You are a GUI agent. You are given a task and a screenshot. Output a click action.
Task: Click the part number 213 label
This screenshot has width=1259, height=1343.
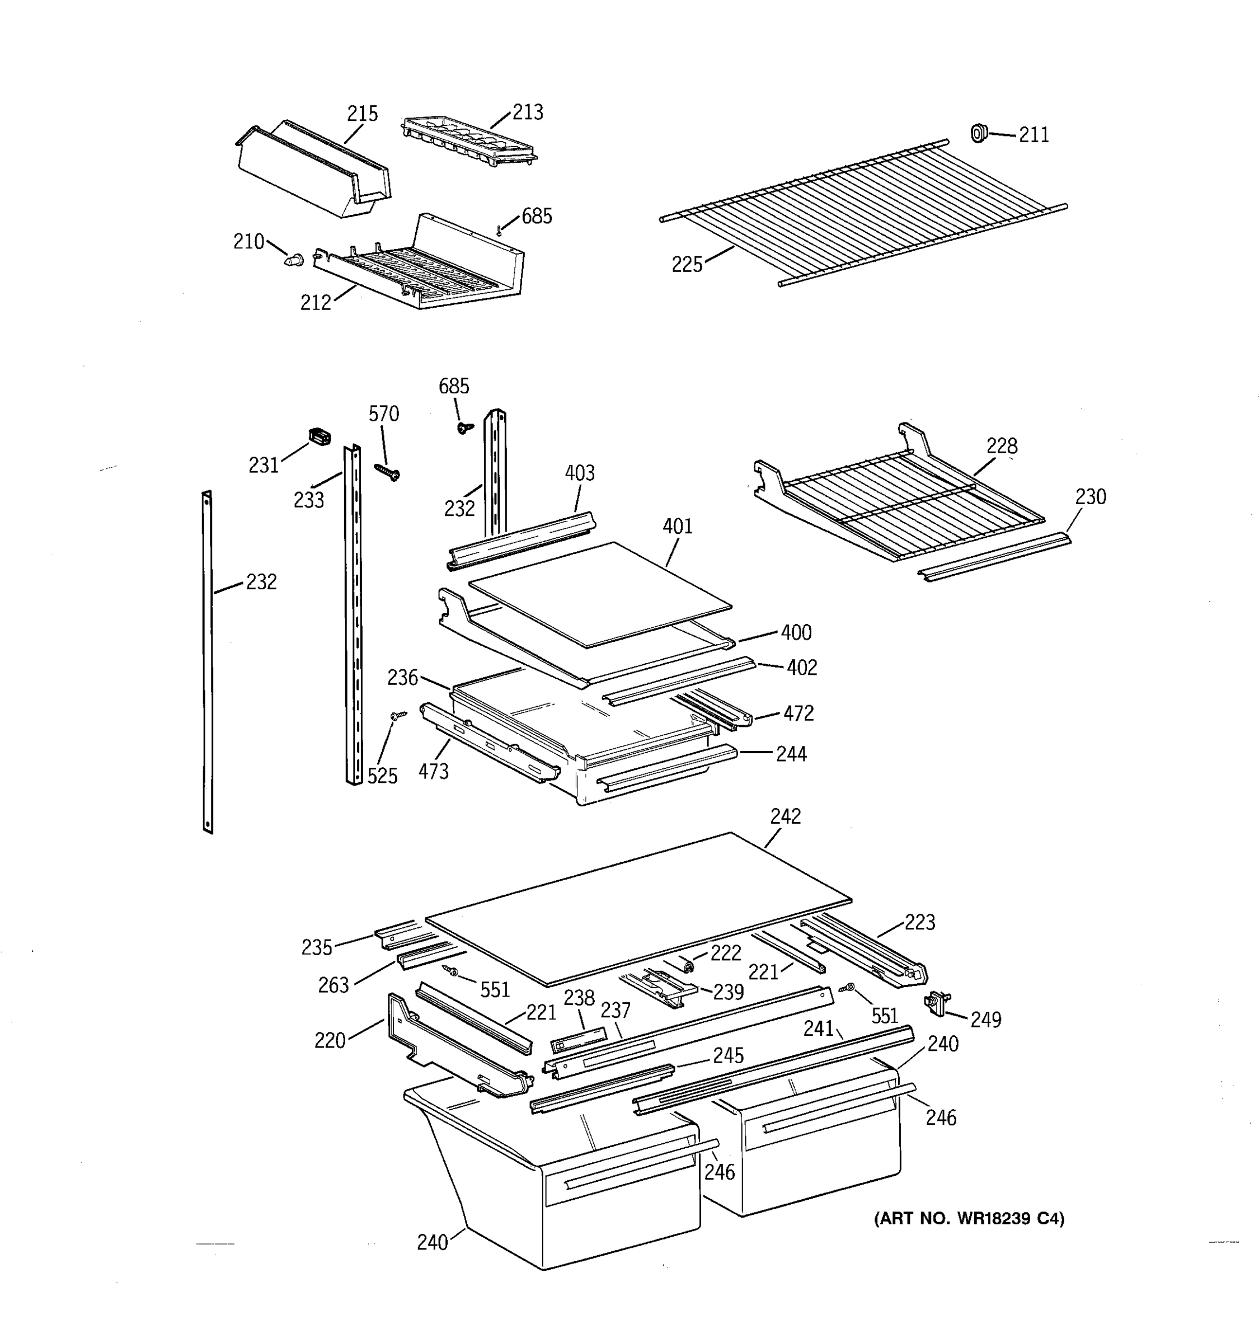[528, 112]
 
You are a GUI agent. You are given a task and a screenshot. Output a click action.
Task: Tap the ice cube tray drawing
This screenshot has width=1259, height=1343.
[469, 140]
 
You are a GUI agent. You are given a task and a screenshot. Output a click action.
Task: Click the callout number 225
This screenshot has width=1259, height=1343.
[687, 265]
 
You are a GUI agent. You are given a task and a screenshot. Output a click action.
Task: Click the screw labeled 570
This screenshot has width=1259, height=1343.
[388, 471]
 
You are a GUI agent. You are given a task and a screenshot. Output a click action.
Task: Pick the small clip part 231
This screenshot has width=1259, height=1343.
[320, 436]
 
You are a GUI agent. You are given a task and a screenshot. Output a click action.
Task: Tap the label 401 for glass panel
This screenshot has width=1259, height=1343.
[678, 526]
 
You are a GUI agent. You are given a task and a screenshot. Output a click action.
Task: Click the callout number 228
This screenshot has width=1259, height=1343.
[1002, 446]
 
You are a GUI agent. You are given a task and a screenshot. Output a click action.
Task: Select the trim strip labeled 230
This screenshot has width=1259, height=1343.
[994, 555]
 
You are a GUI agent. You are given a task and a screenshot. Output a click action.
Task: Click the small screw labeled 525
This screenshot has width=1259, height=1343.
[398, 714]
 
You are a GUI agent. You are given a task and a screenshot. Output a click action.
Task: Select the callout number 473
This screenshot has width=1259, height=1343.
[433, 771]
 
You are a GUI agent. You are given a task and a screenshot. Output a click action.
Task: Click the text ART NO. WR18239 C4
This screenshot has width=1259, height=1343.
[969, 1218]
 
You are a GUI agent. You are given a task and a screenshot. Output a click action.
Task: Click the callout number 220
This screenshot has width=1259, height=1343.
[330, 1040]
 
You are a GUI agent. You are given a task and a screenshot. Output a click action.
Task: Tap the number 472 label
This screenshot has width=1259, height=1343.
[798, 713]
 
